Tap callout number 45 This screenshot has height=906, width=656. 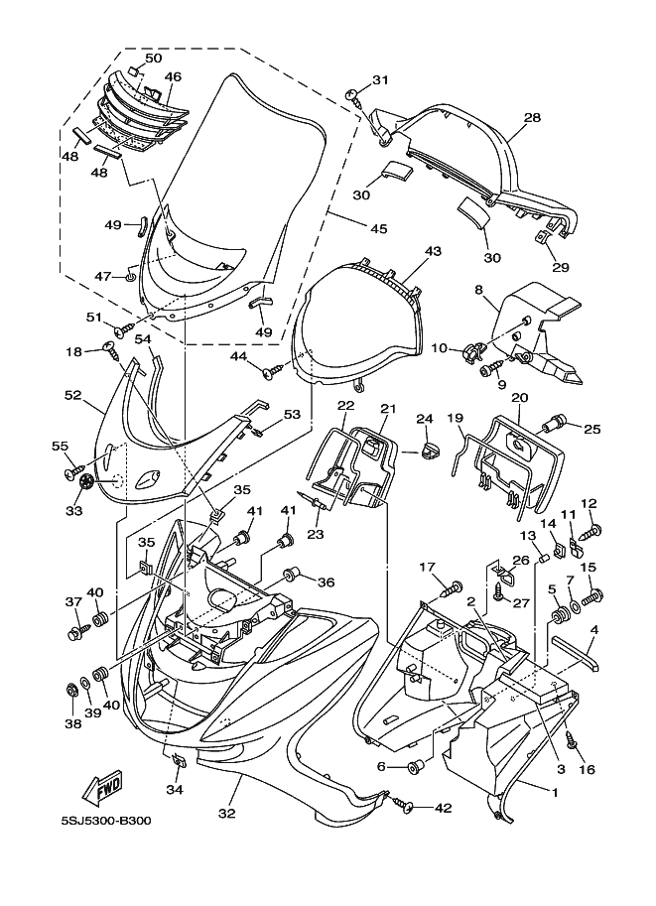coord(378,229)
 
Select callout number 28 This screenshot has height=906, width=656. coord(532,117)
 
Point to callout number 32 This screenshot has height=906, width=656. coord(226,813)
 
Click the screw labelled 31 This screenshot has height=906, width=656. coord(353,96)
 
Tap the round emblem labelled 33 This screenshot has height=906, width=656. coord(87,480)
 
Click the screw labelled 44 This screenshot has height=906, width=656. coord(273,370)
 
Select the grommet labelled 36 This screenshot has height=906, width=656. coord(293,575)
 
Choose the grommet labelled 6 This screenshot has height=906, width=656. coord(414,767)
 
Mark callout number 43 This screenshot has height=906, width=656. coord(433,251)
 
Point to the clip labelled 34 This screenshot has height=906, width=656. coord(179,761)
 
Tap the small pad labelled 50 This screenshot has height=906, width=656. coord(133,71)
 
